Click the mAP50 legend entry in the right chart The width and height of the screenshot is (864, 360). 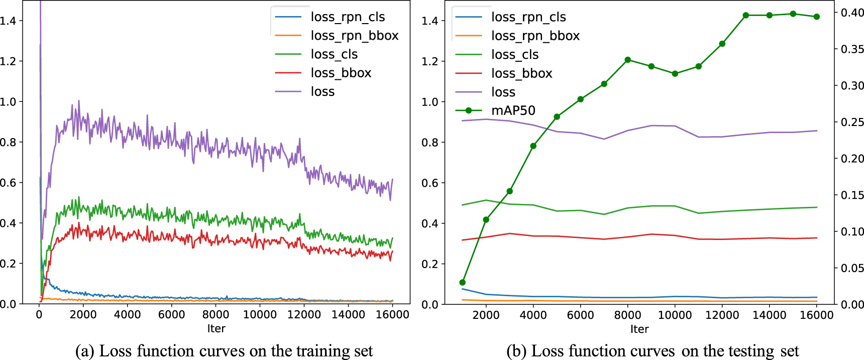click(x=513, y=110)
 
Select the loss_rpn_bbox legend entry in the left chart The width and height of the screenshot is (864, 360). click(x=354, y=36)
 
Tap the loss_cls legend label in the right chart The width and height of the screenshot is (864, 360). click(x=514, y=54)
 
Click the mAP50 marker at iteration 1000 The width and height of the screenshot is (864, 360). click(x=463, y=283)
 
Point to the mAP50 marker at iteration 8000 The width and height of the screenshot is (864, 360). click(x=628, y=60)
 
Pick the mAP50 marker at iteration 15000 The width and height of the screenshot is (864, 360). click(x=793, y=14)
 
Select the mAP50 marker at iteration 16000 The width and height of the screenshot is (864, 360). click(x=817, y=17)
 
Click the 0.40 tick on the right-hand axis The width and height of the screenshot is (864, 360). click(x=852, y=13)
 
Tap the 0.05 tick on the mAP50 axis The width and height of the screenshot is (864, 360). click(x=852, y=268)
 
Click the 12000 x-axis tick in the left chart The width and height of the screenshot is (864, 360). click(x=304, y=315)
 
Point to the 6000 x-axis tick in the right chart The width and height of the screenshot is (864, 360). click(x=580, y=315)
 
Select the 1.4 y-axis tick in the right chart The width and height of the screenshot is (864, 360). click(x=430, y=21)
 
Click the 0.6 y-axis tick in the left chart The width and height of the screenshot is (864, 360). click(x=8, y=183)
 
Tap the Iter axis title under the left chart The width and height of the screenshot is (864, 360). click(x=216, y=328)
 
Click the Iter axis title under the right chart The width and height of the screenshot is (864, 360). click(x=639, y=329)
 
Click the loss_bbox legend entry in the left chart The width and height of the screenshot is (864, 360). click(x=341, y=73)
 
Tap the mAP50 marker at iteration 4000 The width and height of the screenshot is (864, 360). click(x=533, y=146)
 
